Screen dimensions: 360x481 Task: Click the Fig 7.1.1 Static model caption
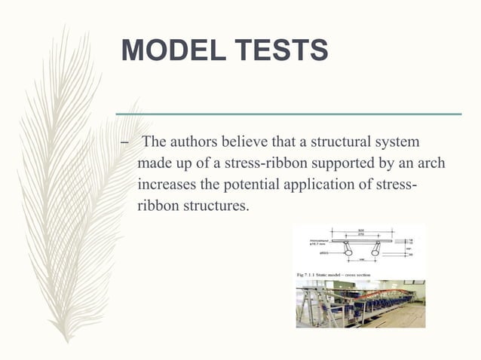[x=342, y=276]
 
